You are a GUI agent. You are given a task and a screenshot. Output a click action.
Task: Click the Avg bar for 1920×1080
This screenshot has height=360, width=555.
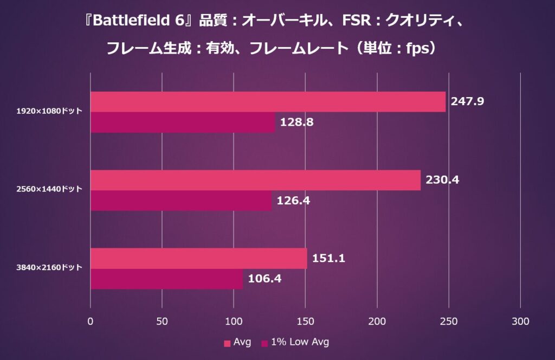[x=268, y=102]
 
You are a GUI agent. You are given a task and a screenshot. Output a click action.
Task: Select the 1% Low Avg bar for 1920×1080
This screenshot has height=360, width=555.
[x=183, y=122]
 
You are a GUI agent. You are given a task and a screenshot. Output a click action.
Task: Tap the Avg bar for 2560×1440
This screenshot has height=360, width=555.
[x=255, y=180]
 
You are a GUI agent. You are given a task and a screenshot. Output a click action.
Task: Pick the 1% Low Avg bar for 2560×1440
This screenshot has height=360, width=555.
[x=181, y=200]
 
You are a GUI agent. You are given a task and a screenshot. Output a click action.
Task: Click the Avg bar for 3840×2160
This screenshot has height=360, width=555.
[x=198, y=259]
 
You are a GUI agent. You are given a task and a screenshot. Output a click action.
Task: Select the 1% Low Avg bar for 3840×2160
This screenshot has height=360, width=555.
[x=166, y=279]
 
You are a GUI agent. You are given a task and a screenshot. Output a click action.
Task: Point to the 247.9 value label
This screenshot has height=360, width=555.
[x=467, y=101]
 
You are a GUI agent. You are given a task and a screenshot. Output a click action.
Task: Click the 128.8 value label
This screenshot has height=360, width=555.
[x=296, y=122]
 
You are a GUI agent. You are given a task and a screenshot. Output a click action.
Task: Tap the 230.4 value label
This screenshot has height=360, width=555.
[x=442, y=179]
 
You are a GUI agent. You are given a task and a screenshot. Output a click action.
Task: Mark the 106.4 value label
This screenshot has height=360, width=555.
[x=264, y=279]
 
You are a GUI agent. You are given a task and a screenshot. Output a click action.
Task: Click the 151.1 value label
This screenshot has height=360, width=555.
[x=328, y=258]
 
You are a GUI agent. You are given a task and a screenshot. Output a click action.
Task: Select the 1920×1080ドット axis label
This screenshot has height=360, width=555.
[x=49, y=111]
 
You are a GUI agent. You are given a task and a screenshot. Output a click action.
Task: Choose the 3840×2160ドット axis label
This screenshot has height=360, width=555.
[x=49, y=267]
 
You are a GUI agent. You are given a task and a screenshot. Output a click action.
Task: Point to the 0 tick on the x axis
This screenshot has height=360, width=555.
[x=91, y=321]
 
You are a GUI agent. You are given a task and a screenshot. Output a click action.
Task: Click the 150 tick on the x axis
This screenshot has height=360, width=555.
[x=305, y=321]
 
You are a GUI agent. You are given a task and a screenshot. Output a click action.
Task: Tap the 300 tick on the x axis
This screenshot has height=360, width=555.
[x=520, y=321]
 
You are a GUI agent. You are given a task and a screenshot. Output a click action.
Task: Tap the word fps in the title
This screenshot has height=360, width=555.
[x=415, y=48]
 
